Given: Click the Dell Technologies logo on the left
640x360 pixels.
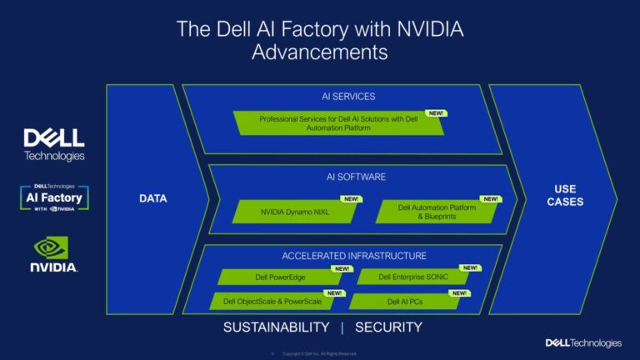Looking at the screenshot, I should (54, 144).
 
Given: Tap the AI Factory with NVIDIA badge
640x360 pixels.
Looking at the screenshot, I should (54, 198).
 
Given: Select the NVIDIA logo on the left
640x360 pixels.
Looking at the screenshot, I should (54, 253).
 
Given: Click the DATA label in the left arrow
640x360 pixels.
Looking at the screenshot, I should (152, 198).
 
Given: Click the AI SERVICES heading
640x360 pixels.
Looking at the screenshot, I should (348, 97).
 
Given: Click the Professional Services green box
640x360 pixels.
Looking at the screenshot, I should (337, 123).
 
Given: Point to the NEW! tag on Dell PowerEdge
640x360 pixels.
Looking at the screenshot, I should (342, 268).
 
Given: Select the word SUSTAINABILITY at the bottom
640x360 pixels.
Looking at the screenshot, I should (276, 327).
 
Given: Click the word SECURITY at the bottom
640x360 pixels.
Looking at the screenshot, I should (388, 327).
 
